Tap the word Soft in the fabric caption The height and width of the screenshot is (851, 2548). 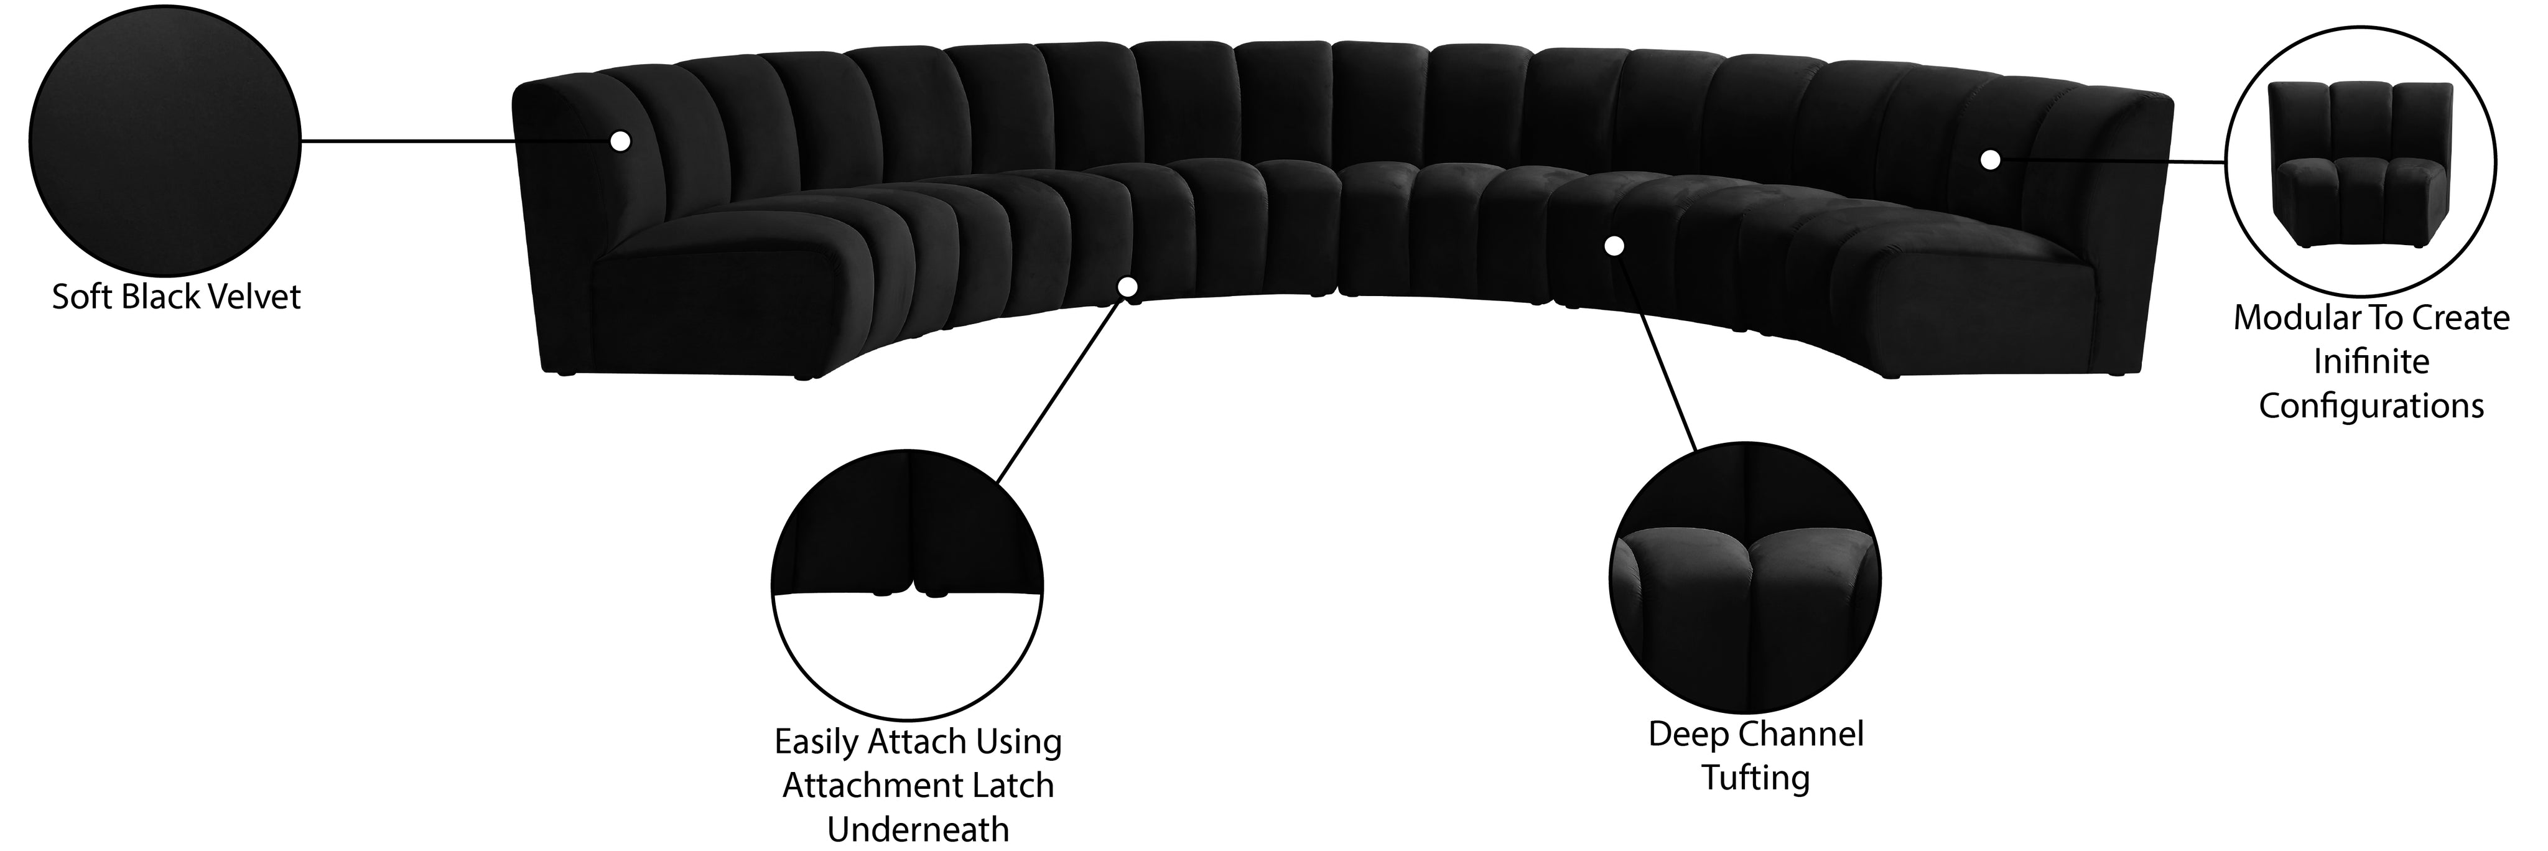(81, 297)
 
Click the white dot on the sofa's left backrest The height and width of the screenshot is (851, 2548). (620, 141)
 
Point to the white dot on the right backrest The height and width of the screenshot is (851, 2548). (1990, 159)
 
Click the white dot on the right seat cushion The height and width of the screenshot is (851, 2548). (1614, 245)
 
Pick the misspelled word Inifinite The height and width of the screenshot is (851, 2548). (2371, 361)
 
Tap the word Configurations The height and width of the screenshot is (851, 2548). (2371, 407)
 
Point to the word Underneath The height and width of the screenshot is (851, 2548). (918, 829)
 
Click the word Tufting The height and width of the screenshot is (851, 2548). (1755, 778)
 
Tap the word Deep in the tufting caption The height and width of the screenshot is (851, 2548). (1686, 734)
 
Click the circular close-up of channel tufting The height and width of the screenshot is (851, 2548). (1746, 578)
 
